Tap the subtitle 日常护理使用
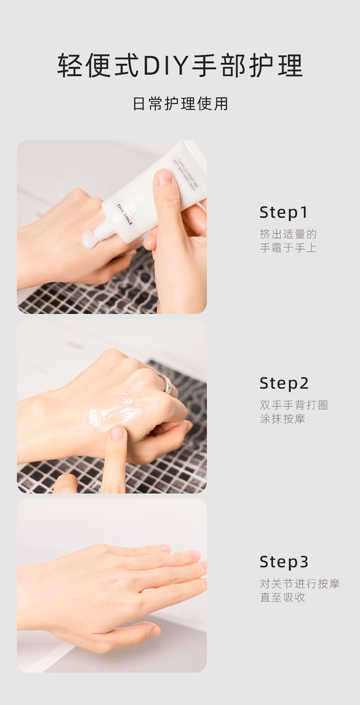click(180, 104)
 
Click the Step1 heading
click(284, 213)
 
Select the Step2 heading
click(284, 383)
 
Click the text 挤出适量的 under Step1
click(288, 234)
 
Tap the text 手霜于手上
click(288, 248)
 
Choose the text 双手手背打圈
click(294, 405)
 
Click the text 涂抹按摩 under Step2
click(282, 419)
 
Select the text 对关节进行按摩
click(300, 584)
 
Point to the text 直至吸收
click(282, 597)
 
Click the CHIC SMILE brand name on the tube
click(124, 214)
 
